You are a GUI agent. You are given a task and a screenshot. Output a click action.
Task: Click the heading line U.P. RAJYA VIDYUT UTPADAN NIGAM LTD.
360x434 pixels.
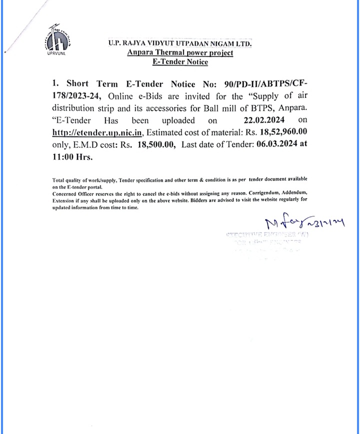[180, 44]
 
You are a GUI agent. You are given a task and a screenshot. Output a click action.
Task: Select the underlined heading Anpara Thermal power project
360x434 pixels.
[180, 53]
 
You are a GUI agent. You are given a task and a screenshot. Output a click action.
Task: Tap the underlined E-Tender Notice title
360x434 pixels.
[180, 62]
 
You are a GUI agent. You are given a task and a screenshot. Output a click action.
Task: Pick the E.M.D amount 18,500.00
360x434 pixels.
[156, 144]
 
